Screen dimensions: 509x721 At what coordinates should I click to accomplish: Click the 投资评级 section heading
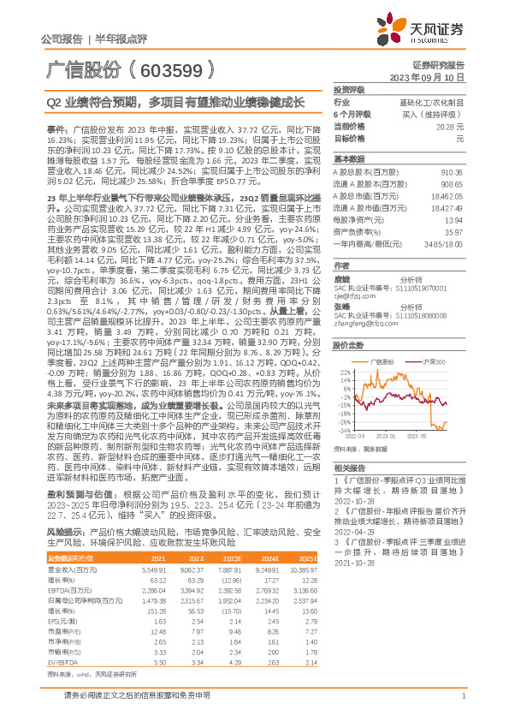pos(349,89)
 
